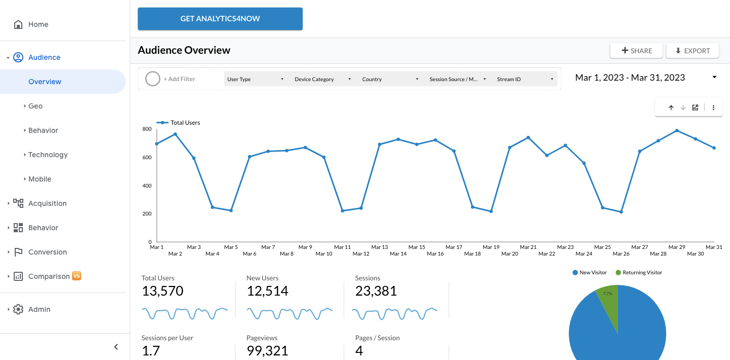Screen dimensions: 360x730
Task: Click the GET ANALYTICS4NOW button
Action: point(220,19)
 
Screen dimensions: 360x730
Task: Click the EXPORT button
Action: point(692,51)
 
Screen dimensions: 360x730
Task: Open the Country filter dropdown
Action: point(390,79)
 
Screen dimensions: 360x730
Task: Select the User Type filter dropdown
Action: point(255,79)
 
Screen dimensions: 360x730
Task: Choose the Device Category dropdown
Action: point(322,79)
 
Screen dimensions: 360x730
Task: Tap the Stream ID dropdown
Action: point(525,79)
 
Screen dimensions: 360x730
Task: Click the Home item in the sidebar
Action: point(38,24)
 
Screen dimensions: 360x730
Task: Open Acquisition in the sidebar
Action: point(47,203)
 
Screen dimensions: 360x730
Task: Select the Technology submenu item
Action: point(48,155)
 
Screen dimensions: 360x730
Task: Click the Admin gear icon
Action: point(18,309)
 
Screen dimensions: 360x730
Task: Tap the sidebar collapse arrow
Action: point(116,347)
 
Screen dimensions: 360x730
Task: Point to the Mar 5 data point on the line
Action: point(231,210)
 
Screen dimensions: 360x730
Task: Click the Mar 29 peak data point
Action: point(677,131)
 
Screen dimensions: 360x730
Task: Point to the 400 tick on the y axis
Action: point(147,186)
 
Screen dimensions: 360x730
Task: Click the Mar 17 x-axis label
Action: point(454,247)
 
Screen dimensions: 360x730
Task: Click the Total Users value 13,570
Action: point(162,291)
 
